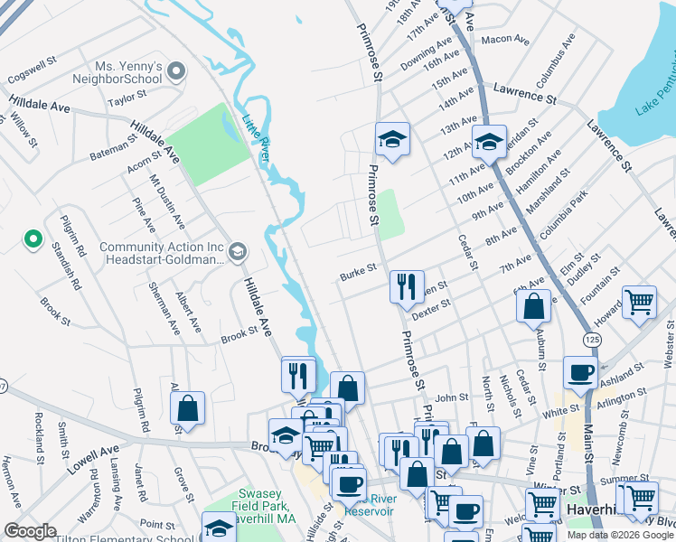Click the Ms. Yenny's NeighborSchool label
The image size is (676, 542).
coord(127,72)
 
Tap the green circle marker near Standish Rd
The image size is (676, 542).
coord(33,239)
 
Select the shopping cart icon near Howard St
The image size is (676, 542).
coord(640,303)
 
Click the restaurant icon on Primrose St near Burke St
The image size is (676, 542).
coord(407,286)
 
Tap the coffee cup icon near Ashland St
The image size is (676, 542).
coord(579,371)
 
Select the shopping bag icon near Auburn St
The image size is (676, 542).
coord(534,306)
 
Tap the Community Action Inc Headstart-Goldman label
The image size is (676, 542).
coord(162,253)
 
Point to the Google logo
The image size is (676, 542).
coord(30,531)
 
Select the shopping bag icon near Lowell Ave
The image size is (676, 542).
coord(187,407)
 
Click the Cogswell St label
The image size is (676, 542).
coord(32,65)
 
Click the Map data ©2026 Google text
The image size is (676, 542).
coord(619,534)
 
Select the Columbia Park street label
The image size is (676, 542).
coord(564,216)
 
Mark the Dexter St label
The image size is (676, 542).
coord(430,310)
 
